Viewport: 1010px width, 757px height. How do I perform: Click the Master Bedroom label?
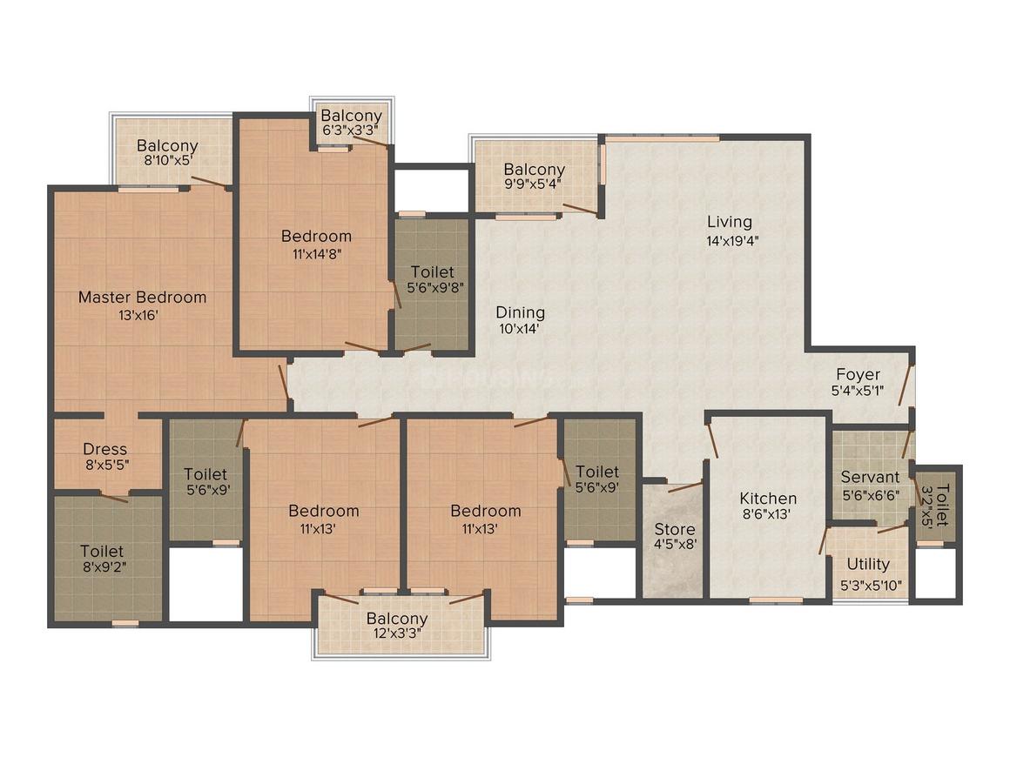pos(143,298)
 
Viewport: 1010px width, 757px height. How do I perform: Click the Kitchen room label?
pos(768,499)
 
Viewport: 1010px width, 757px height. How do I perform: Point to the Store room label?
pos(675,529)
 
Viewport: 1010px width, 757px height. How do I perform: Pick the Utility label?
pos(868,564)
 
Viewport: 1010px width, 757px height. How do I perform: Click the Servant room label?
pos(870,477)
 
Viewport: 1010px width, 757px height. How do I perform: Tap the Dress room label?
pos(105,450)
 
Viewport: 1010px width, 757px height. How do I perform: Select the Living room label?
pos(730,222)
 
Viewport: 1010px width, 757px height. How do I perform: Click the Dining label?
pos(521,312)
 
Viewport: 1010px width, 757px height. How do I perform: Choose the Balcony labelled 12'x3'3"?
pos(397,619)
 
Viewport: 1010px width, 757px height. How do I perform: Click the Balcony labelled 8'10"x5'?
pos(167,146)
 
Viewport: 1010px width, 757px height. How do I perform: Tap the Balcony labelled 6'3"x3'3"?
pos(351,116)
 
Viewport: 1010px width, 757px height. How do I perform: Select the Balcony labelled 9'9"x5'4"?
pos(535,170)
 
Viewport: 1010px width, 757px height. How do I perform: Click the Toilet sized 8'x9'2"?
pos(102,551)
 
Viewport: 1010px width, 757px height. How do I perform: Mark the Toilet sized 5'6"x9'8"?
pos(432,272)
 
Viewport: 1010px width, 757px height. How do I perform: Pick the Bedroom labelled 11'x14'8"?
pos(316,236)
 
